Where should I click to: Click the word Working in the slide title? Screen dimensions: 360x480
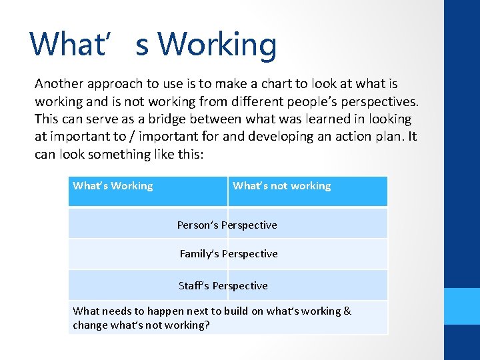217,45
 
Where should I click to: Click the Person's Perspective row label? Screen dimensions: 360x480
227,225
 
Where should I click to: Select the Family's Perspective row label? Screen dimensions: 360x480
228,254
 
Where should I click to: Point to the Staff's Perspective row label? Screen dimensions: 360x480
223,286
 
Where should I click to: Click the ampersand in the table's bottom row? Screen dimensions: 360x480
347,311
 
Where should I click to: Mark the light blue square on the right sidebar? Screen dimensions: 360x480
462,306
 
